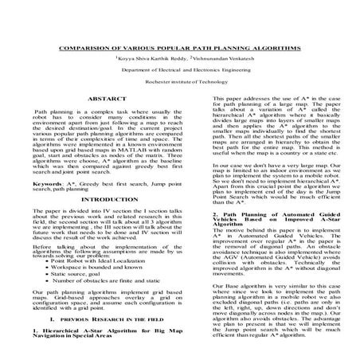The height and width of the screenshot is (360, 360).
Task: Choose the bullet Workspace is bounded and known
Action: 96,268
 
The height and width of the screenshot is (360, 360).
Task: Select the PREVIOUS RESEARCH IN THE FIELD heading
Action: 104,318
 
